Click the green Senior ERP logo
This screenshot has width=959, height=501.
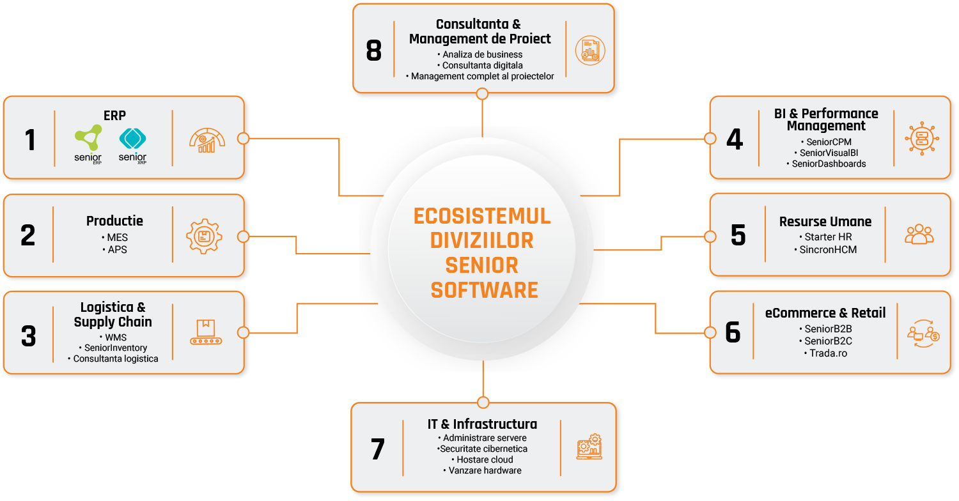click(88, 143)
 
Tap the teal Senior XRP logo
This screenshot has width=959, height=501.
click(133, 143)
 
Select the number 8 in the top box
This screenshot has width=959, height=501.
click(374, 51)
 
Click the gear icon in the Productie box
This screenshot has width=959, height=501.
click(204, 236)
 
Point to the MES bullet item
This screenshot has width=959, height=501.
click(116, 238)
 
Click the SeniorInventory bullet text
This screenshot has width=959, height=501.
click(116, 348)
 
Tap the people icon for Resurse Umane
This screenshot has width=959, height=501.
click(919, 235)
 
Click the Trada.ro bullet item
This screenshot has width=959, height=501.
click(825, 353)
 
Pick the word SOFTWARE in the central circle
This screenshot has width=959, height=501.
click(484, 290)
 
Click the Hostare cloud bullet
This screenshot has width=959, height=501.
click(484, 459)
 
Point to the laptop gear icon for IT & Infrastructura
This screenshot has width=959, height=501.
click(589, 447)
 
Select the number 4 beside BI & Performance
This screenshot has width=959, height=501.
click(735, 139)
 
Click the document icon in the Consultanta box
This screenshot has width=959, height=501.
click(589, 50)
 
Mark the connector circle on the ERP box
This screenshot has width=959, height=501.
click(242, 138)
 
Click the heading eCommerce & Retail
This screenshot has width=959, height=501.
click(825, 313)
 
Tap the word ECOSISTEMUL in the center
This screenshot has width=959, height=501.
click(482, 216)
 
